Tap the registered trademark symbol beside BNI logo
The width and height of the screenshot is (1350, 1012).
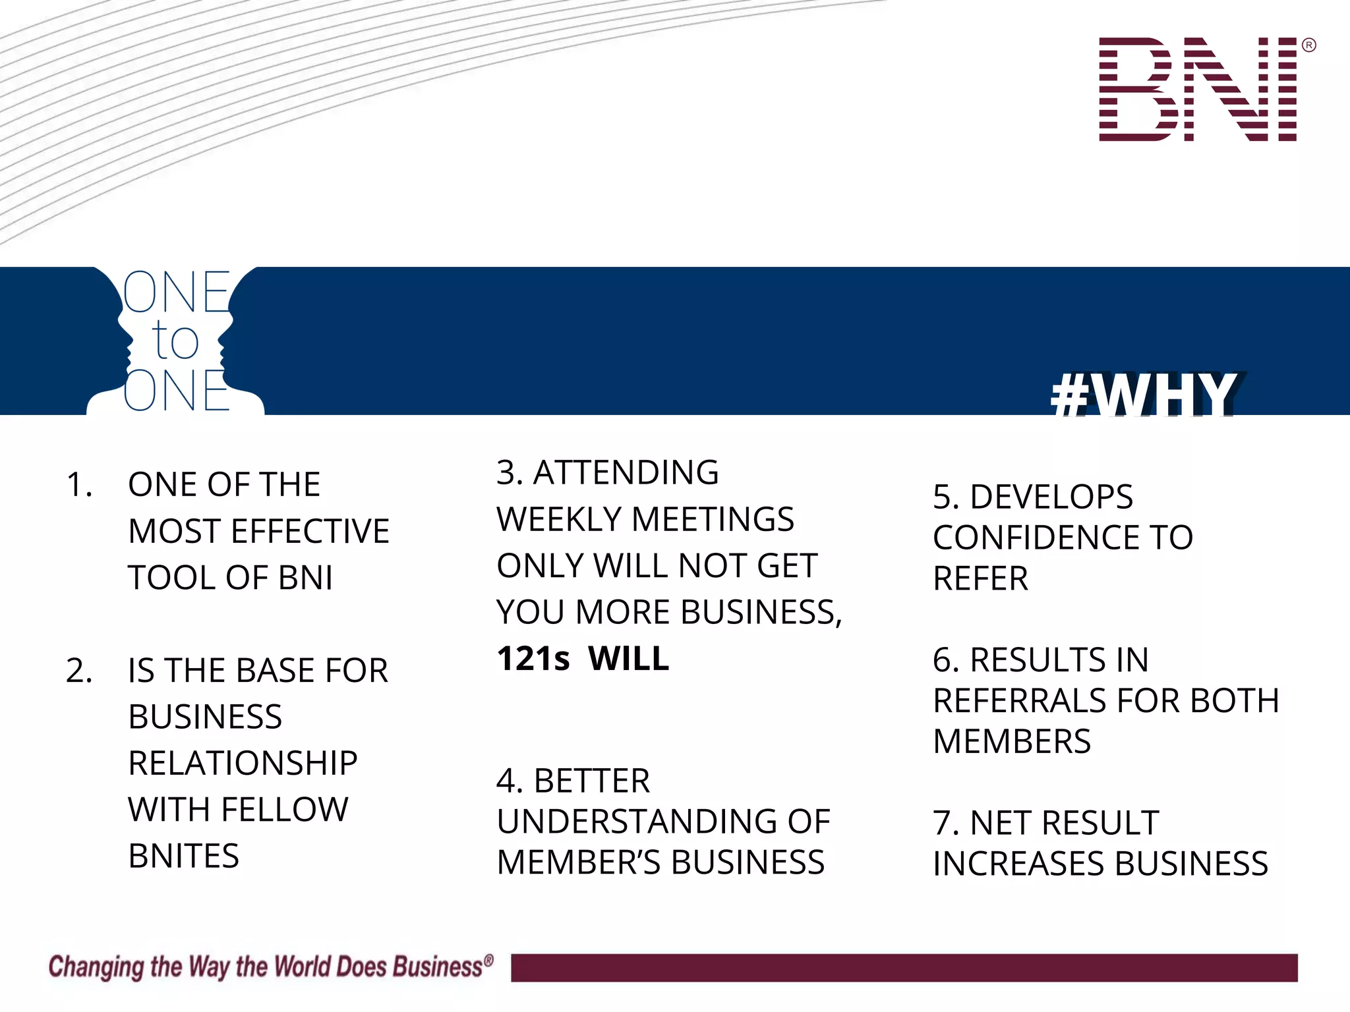(x=1309, y=45)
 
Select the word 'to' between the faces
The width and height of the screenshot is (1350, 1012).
(x=175, y=341)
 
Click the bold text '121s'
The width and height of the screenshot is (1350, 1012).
(x=533, y=659)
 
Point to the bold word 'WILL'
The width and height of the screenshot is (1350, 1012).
(x=628, y=659)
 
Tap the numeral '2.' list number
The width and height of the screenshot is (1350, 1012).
(x=79, y=671)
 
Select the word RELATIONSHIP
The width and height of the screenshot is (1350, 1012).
(x=243, y=764)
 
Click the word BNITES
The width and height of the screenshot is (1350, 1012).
(x=183, y=857)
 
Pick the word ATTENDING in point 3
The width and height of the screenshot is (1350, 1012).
(x=626, y=472)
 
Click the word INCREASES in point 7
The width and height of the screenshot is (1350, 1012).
(x=1018, y=864)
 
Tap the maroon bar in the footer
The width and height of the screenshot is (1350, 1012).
(x=904, y=967)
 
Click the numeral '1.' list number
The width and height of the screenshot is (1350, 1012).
(x=79, y=485)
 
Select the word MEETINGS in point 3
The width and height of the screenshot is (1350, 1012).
(x=713, y=519)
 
